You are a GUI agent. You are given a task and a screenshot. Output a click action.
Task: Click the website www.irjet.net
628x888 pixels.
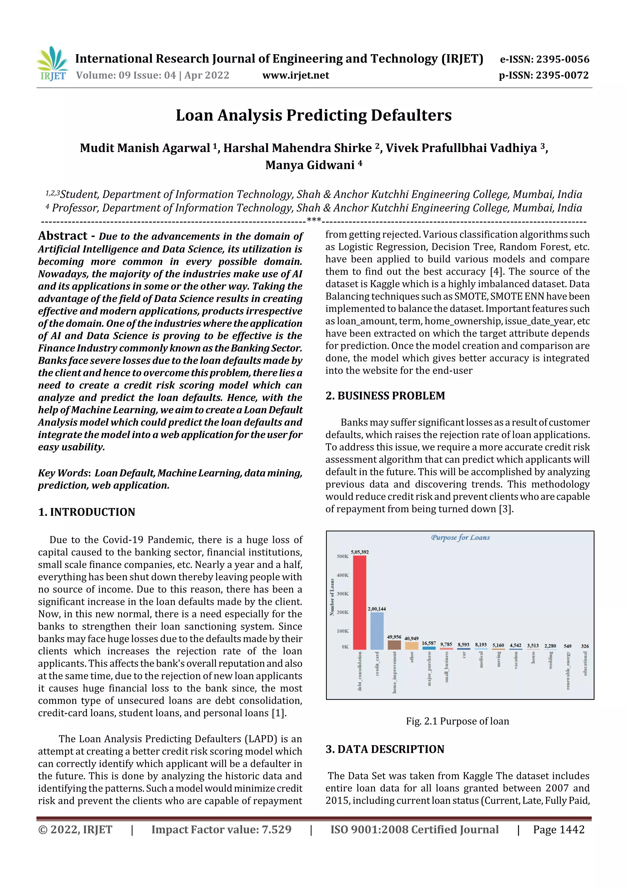pyautogui.click(x=296, y=75)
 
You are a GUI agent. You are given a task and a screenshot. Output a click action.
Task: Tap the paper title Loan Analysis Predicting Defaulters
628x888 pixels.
pyautogui.click(x=313, y=115)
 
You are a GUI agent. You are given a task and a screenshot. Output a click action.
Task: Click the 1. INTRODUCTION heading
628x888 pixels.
pyautogui.click(x=87, y=512)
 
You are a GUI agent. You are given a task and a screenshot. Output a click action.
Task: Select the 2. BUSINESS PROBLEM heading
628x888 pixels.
pyautogui.click(x=385, y=396)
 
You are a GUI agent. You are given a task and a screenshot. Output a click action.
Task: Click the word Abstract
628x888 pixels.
pyautogui.click(x=63, y=236)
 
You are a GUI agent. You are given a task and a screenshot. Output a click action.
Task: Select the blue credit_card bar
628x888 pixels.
pyautogui.click(x=377, y=631)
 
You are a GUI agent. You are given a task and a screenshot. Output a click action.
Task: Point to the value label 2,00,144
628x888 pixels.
pyautogui.click(x=377, y=609)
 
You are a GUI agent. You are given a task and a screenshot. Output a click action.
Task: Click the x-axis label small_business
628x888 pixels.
pyautogui.click(x=446, y=667)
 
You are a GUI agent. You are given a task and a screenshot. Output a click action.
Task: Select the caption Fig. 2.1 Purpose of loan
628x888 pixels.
pyautogui.click(x=458, y=721)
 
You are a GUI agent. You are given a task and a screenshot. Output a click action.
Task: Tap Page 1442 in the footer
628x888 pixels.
pyautogui.click(x=558, y=829)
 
